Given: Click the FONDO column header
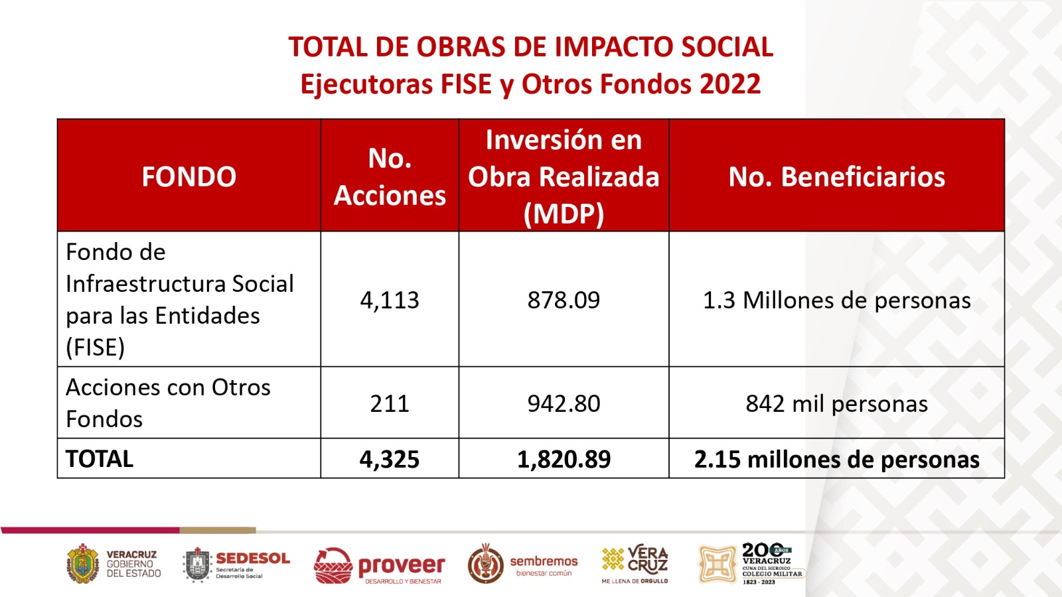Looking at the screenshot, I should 189,176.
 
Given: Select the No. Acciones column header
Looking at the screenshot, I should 390,176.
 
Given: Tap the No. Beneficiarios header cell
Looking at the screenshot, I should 836,176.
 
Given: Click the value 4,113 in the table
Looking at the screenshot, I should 390,300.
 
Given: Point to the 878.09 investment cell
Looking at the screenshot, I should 564,300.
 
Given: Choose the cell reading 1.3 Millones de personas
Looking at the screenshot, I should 836,300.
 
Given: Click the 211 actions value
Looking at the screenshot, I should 390,403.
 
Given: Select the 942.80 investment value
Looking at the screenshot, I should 564,403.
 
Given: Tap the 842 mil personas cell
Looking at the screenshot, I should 836,403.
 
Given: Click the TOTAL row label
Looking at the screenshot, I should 100,459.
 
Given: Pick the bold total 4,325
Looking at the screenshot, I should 390,459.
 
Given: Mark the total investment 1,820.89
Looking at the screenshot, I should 564,459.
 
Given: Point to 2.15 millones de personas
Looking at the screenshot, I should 836,459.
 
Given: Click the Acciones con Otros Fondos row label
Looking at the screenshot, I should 168,403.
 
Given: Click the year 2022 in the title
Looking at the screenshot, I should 729,84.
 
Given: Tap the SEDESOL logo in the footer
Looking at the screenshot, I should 237,564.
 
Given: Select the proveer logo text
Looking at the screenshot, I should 401,566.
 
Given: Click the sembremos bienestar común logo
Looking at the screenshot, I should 523,564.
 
